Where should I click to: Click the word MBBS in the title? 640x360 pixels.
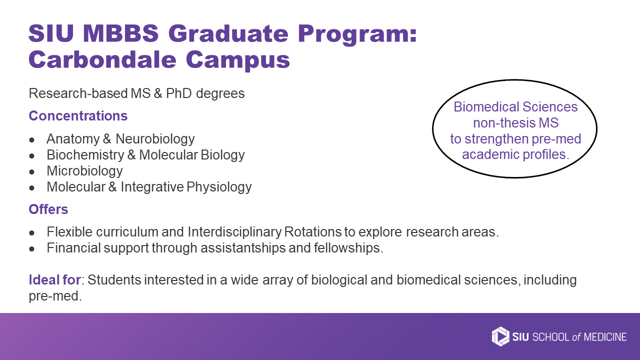tap(120, 33)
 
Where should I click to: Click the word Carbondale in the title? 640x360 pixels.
tap(102, 59)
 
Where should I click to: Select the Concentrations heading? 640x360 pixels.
tap(78, 115)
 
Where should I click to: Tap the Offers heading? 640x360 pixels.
tap(48, 209)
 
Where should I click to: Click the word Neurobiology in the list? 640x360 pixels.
tap(155, 139)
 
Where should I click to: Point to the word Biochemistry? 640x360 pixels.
tap(85, 155)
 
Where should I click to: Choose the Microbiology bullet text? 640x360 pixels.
tap(84, 171)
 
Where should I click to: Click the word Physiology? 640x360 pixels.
tap(219, 187)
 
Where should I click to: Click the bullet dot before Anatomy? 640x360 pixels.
tap(31, 140)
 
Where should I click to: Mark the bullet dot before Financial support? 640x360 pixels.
tap(31, 249)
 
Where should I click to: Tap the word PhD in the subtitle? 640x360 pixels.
tap(179, 93)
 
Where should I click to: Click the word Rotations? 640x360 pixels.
tap(313, 231)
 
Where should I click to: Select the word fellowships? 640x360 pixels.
tap(348, 247)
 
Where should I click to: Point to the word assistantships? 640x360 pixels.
tap(243, 247)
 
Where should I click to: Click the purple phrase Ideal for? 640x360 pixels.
tap(55, 279)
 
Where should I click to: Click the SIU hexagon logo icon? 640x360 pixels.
tap(500, 336)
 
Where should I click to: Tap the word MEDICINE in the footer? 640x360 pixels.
tap(605, 337)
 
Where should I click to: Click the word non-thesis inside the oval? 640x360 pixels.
tap(504, 123)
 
